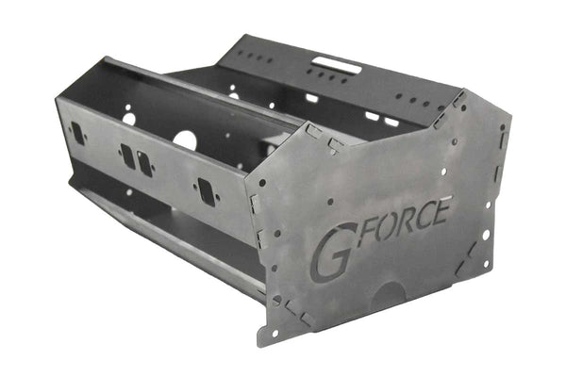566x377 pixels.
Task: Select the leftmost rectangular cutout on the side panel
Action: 77,134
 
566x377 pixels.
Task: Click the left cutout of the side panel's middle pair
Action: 127,155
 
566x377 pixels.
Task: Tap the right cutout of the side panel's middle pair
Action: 144,162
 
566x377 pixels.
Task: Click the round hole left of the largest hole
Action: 128,120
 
